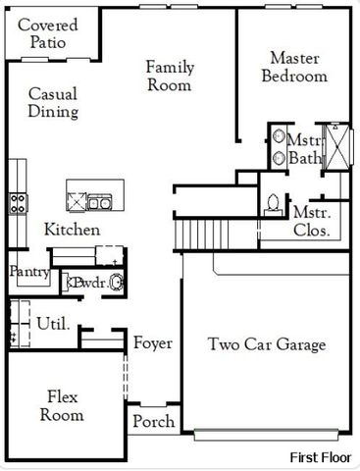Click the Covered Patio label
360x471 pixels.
[x=47, y=33]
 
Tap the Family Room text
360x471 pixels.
[x=170, y=76]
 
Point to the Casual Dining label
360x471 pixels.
[x=53, y=103]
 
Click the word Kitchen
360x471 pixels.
[x=72, y=230]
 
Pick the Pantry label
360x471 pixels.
[x=28, y=272]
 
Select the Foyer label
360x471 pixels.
[x=153, y=343]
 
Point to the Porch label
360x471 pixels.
[x=154, y=422]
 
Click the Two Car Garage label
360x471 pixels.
[x=267, y=344]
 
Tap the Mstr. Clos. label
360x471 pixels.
[x=311, y=222]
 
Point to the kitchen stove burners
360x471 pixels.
[x=18, y=203]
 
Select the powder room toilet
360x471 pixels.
[x=116, y=283]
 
